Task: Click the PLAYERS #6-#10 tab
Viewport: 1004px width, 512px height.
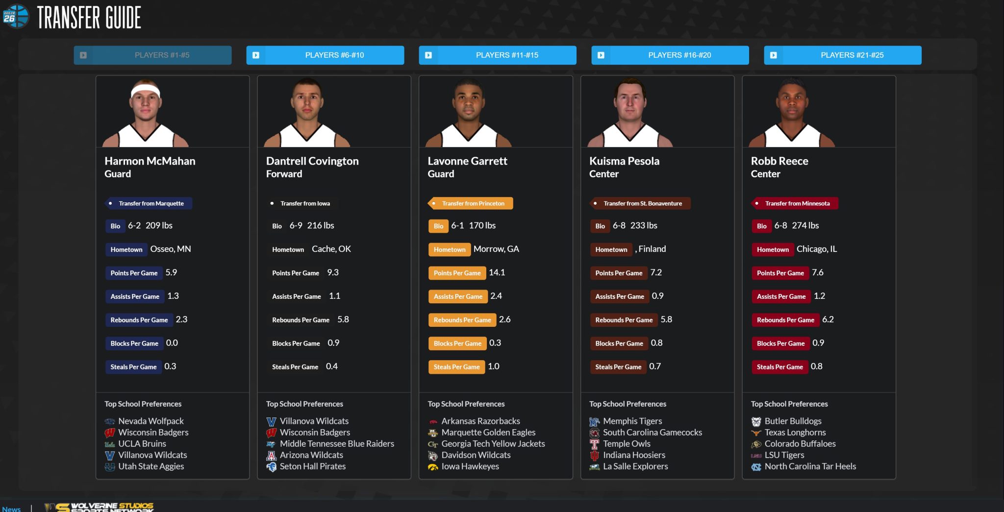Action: (325, 55)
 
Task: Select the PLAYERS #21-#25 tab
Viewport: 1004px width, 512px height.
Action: (842, 55)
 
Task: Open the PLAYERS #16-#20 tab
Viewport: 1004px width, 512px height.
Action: (670, 55)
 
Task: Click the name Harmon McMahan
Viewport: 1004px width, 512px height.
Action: (150, 161)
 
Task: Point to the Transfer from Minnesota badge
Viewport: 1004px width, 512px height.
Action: (795, 203)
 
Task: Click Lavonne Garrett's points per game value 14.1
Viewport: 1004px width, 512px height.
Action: (497, 272)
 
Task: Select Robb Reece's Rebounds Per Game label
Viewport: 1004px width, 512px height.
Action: (785, 320)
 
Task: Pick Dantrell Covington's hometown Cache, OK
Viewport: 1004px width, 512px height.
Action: (331, 249)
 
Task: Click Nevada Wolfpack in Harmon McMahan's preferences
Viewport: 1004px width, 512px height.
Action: (151, 421)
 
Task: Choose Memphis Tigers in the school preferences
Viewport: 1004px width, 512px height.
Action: (632, 421)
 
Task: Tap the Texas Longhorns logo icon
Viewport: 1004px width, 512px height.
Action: (756, 433)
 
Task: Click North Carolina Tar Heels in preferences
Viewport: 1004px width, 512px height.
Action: (810, 466)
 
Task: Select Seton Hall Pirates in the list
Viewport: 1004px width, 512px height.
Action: (312, 466)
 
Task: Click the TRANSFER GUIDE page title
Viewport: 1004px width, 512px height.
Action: (89, 18)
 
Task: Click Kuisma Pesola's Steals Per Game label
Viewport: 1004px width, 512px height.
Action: (618, 367)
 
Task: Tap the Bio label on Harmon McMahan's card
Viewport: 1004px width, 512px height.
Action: (115, 226)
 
